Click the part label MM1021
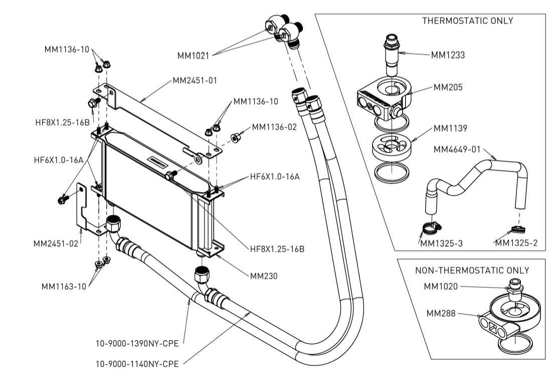(x=193, y=56)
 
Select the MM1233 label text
(x=447, y=55)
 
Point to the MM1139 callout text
(x=450, y=128)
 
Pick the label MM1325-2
(x=516, y=243)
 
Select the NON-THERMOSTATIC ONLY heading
(x=472, y=270)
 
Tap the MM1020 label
(x=441, y=287)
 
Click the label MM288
(x=440, y=313)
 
